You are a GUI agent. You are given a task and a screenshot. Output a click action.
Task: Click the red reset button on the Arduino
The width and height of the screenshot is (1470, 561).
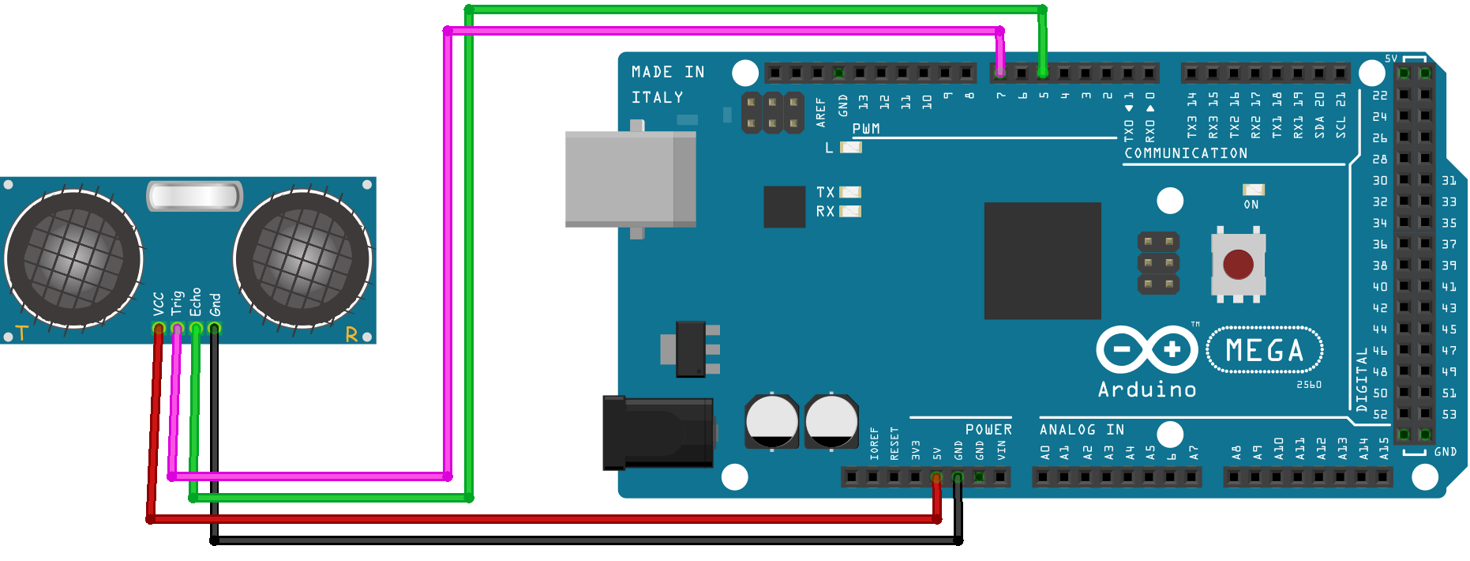click(1237, 265)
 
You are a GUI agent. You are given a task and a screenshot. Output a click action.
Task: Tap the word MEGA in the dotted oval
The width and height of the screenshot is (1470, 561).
click(1265, 351)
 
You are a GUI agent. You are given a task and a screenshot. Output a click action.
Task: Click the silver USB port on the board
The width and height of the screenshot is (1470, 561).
click(629, 179)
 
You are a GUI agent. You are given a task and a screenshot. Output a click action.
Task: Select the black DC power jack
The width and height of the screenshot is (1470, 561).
click(658, 432)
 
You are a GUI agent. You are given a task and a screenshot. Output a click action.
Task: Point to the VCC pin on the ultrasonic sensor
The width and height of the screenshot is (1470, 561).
click(159, 328)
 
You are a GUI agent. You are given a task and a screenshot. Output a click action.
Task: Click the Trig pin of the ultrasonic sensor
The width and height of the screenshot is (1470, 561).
click(177, 328)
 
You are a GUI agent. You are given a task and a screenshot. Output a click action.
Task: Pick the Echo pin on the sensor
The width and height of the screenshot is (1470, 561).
click(196, 328)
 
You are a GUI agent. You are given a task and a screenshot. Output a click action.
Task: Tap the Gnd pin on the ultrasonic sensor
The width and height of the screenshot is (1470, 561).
click(214, 328)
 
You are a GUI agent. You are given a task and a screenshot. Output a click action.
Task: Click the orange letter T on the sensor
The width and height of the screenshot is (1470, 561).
click(21, 334)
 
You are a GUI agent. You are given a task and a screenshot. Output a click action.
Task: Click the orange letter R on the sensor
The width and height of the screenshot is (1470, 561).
click(351, 335)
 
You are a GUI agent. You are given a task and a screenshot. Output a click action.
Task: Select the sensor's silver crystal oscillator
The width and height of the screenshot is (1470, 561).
click(194, 196)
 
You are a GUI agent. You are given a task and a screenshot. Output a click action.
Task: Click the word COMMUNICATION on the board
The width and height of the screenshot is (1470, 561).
click(1186, 153)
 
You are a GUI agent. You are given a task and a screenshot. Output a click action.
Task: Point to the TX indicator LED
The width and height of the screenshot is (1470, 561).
click(850, 192)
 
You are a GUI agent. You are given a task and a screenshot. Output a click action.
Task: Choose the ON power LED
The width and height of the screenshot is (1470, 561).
click(1253, 190)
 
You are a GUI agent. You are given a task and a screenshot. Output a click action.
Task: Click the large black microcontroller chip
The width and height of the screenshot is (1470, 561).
click(1042, 261)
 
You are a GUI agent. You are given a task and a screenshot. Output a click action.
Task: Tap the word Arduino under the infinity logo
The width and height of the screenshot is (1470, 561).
click(1147, 390)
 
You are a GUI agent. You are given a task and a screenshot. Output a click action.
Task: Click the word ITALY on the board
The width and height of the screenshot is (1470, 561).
click(657, 97)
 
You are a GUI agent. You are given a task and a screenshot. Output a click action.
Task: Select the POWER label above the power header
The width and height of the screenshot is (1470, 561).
click(988, 430)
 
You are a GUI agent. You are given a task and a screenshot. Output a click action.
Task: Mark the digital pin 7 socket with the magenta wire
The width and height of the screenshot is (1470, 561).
click(1000, 73)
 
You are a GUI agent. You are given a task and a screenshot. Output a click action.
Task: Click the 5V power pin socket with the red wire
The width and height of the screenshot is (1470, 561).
click(936, 477)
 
